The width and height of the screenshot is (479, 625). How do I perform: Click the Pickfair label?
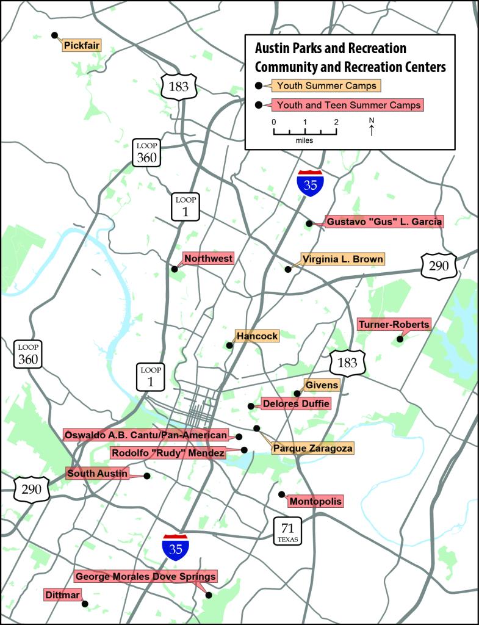coord(81,45)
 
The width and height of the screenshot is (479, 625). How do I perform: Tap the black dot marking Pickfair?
coord(54,35)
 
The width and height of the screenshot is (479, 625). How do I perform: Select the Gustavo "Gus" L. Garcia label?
coord(384,222)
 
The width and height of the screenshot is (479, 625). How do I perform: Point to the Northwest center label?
coord(208,259)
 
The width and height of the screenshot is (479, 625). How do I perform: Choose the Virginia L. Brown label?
coord(342,259)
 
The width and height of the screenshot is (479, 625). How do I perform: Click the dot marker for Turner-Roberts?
coord(400,339)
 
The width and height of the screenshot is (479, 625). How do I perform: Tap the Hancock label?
coord(257,336)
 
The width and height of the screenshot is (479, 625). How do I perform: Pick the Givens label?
coord(321,385)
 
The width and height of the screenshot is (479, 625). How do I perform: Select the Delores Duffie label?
coord(295,403)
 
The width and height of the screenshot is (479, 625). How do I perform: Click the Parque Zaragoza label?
coord(312,448)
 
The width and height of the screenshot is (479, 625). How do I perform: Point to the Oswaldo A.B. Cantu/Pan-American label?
coord(146,435)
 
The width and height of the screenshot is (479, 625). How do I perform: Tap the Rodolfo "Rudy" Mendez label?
coord(167,453)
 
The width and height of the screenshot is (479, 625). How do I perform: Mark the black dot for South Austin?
coord(147,476)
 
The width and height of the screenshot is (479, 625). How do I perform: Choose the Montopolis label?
coord(315,502)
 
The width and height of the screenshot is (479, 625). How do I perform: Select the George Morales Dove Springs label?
coord(145,576)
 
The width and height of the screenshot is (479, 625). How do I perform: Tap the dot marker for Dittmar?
coord(85,604)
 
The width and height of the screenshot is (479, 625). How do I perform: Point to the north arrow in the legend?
coord(372,126)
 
